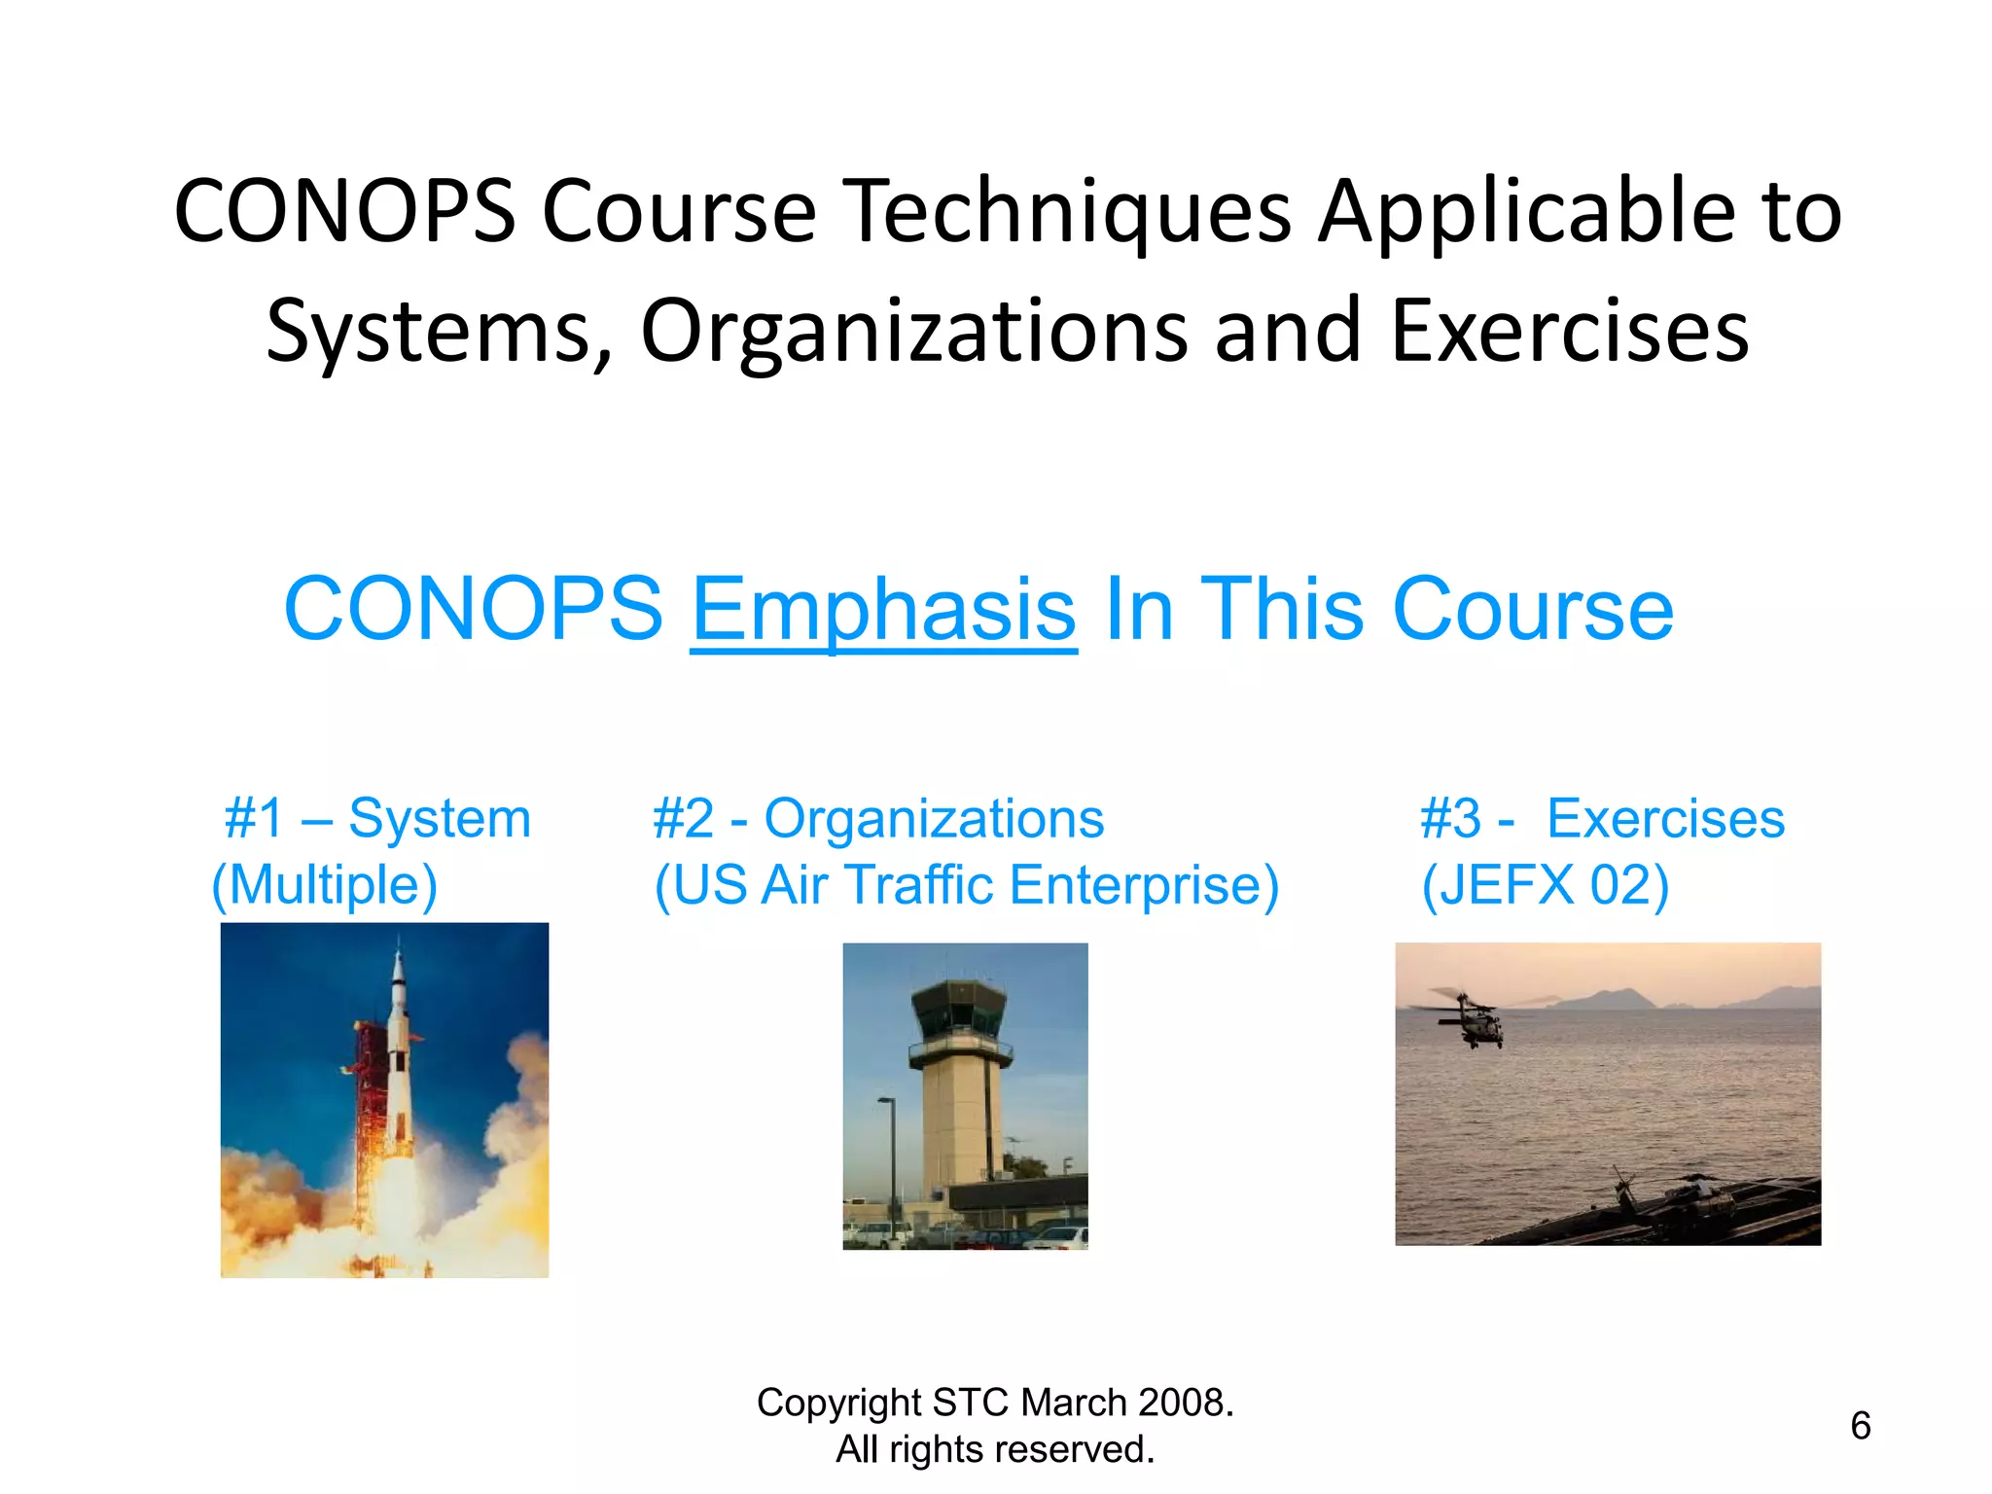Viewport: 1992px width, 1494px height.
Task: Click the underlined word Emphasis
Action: pos(883,610)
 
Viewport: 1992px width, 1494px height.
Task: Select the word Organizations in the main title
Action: pos(914,332)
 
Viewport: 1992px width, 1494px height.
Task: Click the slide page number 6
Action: pos(1860,1426)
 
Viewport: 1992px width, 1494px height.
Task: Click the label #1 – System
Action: pos(377,818)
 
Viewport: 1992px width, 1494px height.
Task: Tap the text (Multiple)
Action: pos(325,885)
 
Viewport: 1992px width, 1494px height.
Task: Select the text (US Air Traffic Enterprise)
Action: pos(966,885)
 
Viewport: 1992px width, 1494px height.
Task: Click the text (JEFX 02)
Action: pos(1545,885)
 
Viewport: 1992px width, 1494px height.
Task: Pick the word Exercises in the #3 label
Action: pos(1665,818)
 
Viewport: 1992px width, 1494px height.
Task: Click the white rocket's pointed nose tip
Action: pos(398,942)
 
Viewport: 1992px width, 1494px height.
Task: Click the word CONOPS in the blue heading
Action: pos(473,610)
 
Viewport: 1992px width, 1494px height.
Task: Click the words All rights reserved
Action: pos(995,1449)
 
